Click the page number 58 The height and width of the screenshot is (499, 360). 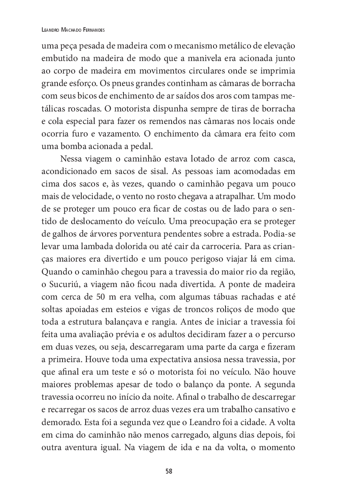169,471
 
